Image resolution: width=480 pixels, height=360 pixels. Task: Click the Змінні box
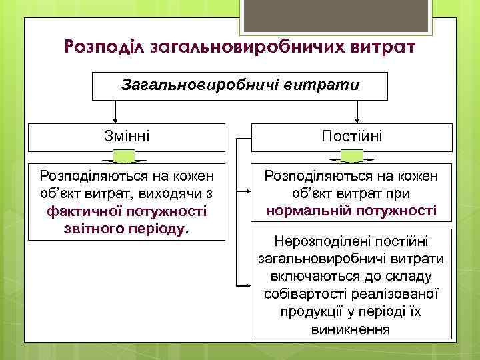pyautogui.click(x=127, y=137)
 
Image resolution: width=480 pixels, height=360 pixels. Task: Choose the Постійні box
pyautogui.click(x=351, y=137)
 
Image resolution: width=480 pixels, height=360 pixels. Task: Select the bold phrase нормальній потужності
pyautogui.click(x=351, y=211)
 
